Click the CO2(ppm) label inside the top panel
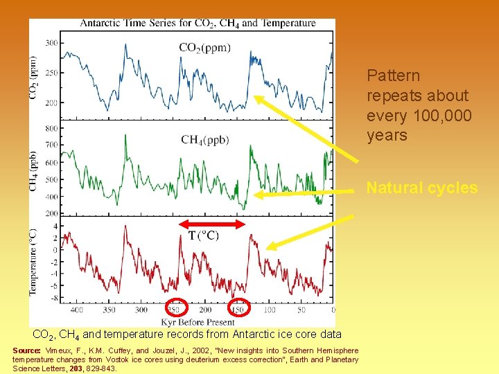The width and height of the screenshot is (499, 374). (205, 48)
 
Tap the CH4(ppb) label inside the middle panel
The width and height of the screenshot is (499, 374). (205, 139)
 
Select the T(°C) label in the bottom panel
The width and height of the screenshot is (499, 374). (204, 235)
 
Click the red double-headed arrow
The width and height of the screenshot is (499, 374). (212, 223)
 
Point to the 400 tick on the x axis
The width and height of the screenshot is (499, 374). (77, 310)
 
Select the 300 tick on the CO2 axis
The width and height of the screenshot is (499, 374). (51, 43)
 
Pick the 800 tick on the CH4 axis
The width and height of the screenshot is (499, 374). (51, 128)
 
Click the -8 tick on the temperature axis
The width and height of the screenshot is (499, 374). (53, 299)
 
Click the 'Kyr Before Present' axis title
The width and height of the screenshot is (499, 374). (198, 321)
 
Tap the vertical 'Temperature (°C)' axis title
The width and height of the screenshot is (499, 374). (33, 262)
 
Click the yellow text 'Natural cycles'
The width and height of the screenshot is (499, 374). (421, 188)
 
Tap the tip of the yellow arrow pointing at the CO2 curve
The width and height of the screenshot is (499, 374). (254, 97)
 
